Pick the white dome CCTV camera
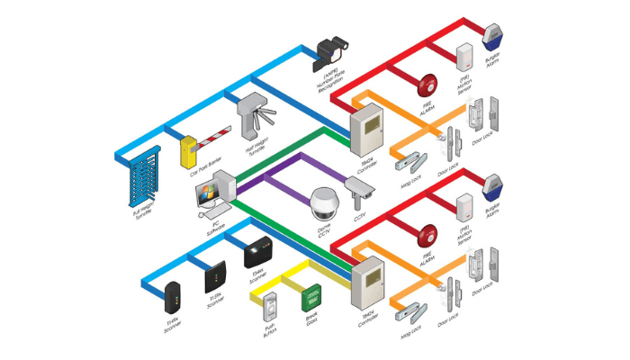click(x=322, y=205)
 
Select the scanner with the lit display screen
click(x=256, y=251)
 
